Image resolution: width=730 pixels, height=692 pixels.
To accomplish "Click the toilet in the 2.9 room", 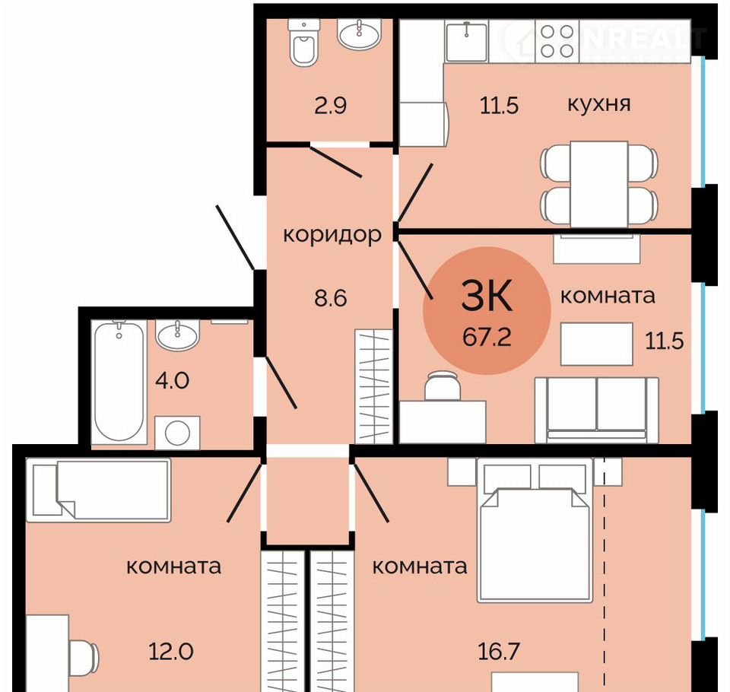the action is (x=303, y=43).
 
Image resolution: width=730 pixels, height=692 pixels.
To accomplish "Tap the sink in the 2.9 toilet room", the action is (x=360, y=33).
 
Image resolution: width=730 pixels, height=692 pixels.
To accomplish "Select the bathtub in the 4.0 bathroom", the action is (x=119, y=381).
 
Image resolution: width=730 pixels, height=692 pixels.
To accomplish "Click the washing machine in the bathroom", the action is (x=177, y=433).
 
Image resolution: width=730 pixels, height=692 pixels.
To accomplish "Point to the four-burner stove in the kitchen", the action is (x=557, y=41).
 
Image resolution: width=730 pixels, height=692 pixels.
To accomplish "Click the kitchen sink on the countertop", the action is (x=466, y=41).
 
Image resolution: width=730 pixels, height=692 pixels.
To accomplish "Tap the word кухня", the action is (x=599, y=104).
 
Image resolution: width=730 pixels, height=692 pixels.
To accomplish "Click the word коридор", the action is (x=332, y=235).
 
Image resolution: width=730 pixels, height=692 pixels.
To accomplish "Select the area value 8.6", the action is (x=331, y=298).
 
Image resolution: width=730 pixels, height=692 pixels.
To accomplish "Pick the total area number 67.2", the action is (x=487, y=337).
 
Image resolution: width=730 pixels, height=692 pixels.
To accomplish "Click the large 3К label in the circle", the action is (x=487, y=295).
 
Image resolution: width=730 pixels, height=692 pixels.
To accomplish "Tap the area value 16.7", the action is (x=499, y=652).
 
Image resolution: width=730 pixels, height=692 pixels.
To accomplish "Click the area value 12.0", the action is (x=171, y=652).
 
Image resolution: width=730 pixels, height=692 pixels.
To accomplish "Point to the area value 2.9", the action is (x=331, y=106).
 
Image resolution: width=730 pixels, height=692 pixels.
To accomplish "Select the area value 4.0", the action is (x=173, y=381).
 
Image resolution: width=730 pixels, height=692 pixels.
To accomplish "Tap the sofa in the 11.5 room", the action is (x=597, y=410).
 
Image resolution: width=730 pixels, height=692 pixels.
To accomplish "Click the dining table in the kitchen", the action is (x=599, y=184).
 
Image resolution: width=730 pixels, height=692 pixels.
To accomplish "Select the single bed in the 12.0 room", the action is (x=99, y=490).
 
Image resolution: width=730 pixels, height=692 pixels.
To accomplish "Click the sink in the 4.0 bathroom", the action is (x=178, y=335).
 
